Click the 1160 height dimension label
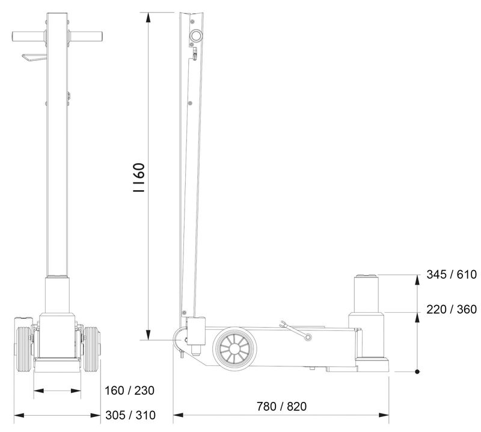[x=139, y=177]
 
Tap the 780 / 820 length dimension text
[x=281, y=406]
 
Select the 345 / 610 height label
[x=452, y=274]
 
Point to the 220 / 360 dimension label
[x=452, y=309]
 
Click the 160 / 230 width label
[x=129, y=390]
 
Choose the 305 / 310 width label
[x=130, y=415]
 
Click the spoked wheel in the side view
[x=234, y=349]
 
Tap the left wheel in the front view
[x=23, y=349]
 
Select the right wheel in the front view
[x=92, y=349]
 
